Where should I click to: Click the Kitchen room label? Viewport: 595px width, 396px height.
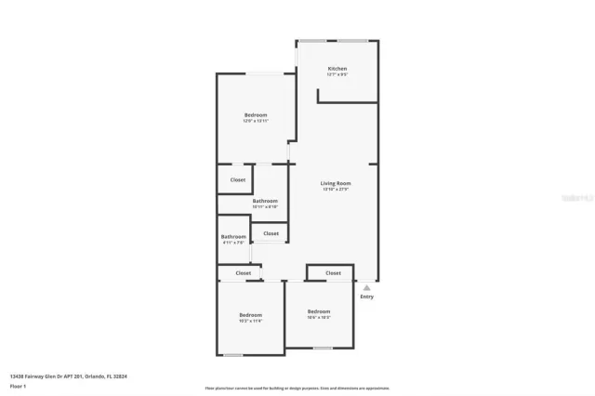[x=337, y=70]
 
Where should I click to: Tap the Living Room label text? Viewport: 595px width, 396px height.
[x=336, y=183]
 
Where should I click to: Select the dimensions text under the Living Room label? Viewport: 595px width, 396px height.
[x=336, y=190]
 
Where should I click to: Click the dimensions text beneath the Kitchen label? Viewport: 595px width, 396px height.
[x=337, y=76]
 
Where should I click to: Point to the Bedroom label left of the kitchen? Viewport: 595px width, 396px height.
[x=256, y=114]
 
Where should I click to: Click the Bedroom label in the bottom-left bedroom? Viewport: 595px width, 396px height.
[x=250, y=314]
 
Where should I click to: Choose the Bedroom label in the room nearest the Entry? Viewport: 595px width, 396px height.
[x=319, y=310]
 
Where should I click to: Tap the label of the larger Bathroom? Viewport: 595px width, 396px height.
[x=265, y=201]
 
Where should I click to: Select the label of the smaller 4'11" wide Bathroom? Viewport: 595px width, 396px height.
[x=233, y=236]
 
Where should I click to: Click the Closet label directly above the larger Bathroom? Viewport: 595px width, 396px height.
[x=238, y=179]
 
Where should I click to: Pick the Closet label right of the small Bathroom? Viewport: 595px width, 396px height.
[x=271, y=233]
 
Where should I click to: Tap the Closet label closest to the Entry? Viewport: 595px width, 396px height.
[x=333, y=273]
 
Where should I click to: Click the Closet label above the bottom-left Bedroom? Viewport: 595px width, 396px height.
[x=244, y=273]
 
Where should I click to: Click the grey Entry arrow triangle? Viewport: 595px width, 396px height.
[x=366, y=288]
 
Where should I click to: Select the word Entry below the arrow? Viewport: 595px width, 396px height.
[x=366, y=297]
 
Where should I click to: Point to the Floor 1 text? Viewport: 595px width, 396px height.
[x=18, y=384]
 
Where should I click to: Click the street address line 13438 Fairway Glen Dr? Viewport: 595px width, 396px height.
[x=68, y=376]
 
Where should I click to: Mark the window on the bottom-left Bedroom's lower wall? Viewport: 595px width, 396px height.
[x=234, y=355]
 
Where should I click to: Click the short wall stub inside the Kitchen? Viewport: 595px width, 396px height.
[x=318, y=96]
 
